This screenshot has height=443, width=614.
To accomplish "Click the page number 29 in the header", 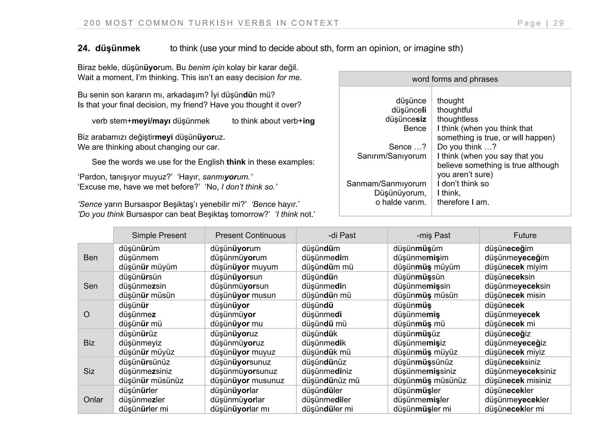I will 559,23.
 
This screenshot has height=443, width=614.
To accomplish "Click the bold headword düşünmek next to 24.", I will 118,48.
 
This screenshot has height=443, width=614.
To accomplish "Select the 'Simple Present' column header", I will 159,235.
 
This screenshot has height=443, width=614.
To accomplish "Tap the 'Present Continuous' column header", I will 250,235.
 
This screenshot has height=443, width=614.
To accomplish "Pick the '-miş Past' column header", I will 433,235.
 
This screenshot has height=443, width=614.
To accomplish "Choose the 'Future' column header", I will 525,235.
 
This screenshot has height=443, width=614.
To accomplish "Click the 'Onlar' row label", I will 93,400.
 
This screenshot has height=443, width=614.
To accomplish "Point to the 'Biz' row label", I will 89,343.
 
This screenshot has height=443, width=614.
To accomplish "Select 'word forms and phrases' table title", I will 455,79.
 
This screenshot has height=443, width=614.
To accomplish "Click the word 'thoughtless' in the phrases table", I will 457,119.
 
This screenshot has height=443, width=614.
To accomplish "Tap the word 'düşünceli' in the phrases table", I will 409,110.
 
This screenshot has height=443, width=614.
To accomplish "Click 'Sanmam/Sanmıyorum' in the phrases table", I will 386,184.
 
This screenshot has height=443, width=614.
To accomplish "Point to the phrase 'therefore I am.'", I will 463,202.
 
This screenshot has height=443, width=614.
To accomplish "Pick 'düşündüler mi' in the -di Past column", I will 327,409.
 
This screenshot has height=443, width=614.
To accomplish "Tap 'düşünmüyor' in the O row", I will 233,315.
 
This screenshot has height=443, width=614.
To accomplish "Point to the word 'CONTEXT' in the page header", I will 315,23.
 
